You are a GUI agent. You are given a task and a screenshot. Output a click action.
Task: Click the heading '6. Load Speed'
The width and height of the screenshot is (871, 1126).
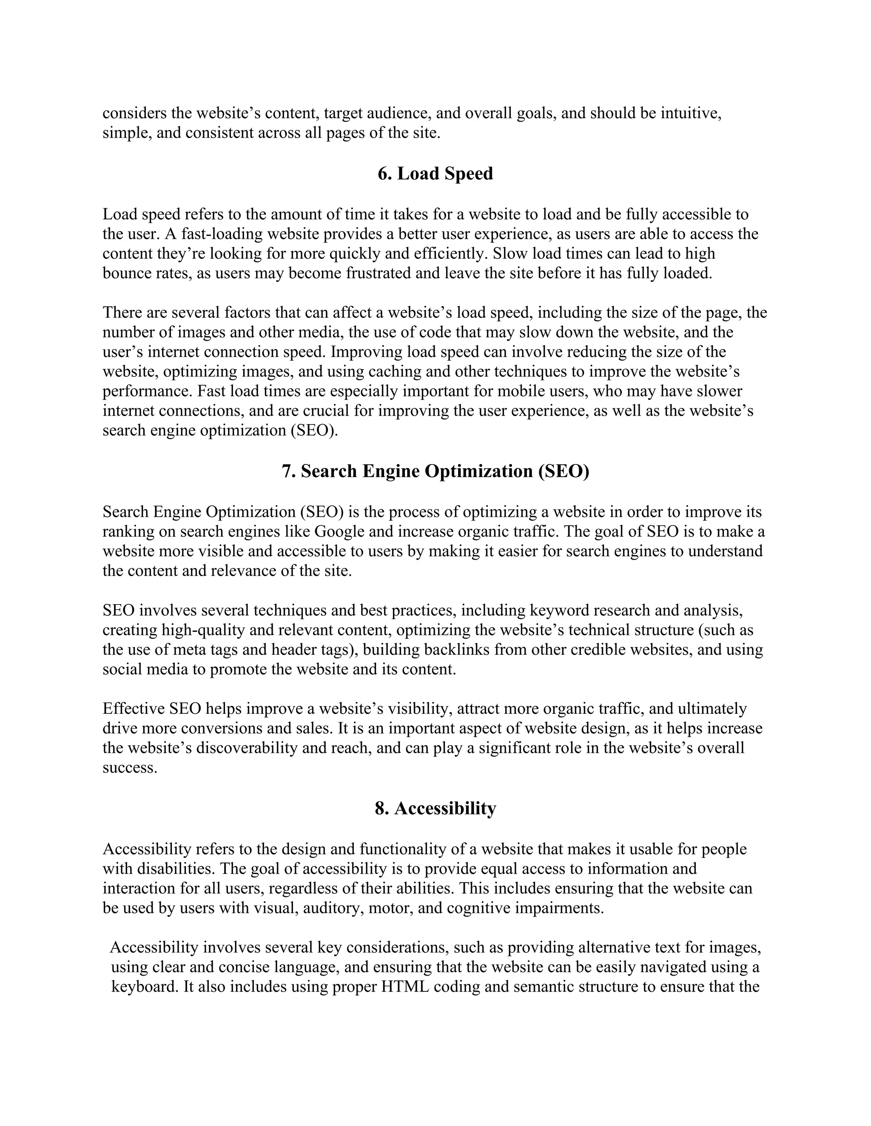pos(435,174)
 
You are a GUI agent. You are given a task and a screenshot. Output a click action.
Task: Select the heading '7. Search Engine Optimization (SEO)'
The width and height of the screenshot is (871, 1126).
pos(435,471)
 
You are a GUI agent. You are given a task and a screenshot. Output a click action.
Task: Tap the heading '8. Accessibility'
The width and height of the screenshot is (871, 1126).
pos(435,808)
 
